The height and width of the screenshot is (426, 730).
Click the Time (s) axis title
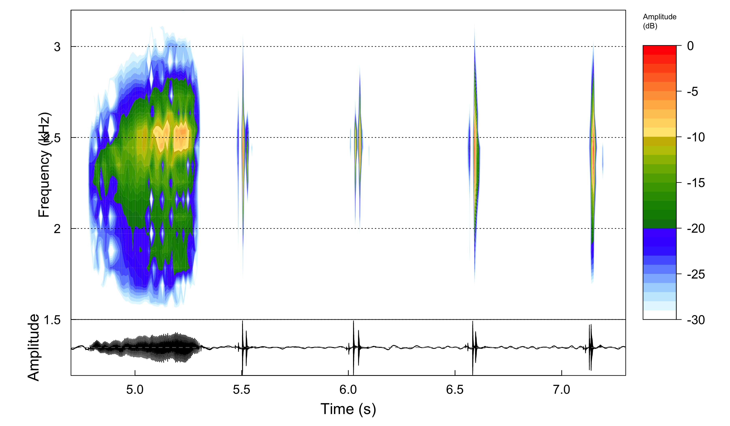coord(348,409)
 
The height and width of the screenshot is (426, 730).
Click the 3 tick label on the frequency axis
coord(57,47)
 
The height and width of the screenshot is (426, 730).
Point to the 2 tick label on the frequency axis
coord(57,229)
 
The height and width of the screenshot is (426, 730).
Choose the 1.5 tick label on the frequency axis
coord(52,320)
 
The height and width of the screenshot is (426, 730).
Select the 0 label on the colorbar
coord(690,46)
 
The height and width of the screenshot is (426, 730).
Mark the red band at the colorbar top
coord(659,50)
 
